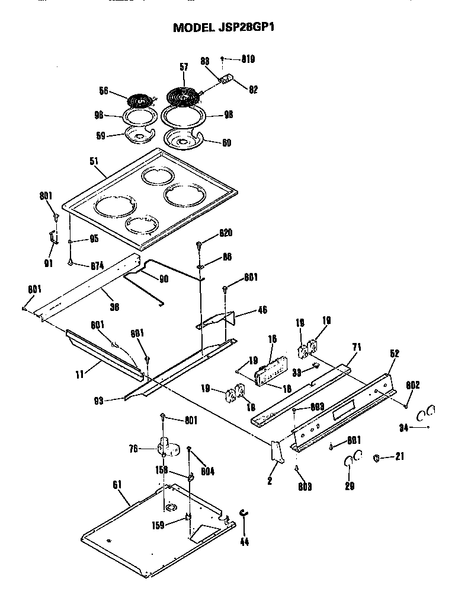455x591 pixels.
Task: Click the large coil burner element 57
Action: [x=184, y=95]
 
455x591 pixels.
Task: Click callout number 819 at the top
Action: [x=248, y=59]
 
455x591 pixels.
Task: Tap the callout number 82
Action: [x=253, y=89]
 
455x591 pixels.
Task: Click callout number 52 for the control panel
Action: [x=395, y=354]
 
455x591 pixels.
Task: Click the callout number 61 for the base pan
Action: [x=117, y=485]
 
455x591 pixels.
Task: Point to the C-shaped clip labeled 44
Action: [x=243, y=514]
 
